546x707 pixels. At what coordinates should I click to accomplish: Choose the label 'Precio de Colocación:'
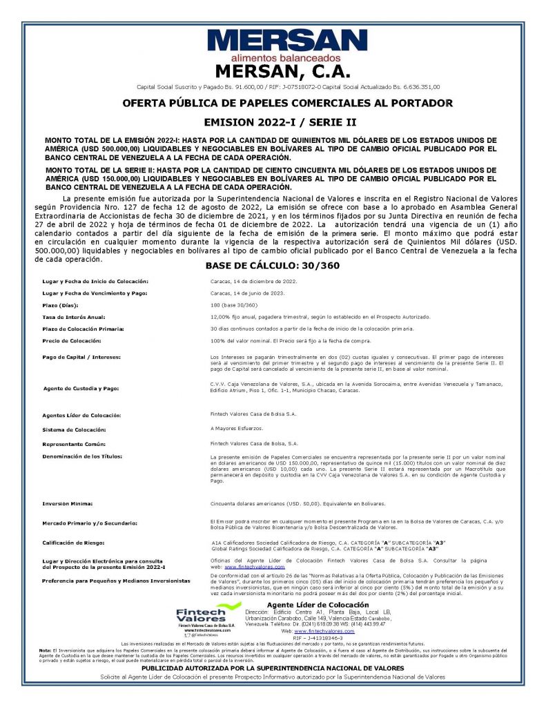pyautogui.click(x=72, y=341)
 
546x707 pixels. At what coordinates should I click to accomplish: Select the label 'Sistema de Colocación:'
pyautogui.click(x=74, y=430)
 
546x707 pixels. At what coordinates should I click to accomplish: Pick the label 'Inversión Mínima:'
pyautogui.click(x=67, y=503)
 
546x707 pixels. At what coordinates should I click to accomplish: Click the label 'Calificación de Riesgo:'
pyautogui.click(x=75, y=544)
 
